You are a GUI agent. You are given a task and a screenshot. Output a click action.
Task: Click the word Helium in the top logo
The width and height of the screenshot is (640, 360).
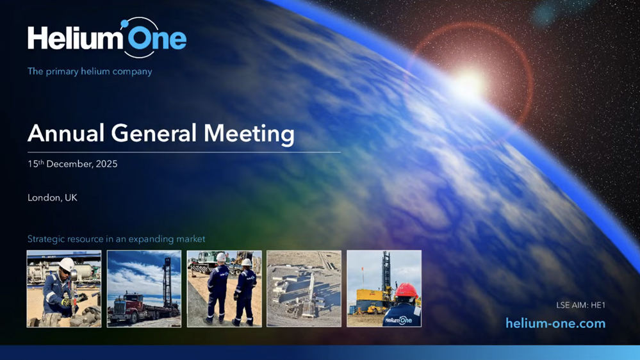point(76,38)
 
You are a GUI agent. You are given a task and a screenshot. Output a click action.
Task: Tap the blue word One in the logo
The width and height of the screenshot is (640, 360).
point(157,39)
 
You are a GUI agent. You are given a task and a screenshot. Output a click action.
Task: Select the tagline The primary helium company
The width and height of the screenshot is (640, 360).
point(90,72)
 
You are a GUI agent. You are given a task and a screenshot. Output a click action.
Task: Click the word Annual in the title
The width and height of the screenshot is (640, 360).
point(66,133)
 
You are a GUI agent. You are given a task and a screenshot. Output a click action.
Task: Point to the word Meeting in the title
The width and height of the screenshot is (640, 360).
point(249,134)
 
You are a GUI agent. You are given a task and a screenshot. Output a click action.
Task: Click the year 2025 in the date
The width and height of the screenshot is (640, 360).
point(106,164)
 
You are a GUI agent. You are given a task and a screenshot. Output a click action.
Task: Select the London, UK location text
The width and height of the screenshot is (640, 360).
point(53,197)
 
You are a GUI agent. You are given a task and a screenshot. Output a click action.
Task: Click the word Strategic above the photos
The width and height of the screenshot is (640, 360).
point(45,239)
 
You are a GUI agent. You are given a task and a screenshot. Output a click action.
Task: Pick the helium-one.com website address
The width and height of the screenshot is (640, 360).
point(555,323)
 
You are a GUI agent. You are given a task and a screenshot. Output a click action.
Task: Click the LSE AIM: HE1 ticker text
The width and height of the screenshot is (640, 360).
point(581,305)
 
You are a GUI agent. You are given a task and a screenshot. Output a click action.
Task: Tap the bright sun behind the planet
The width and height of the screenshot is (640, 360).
point(470,85)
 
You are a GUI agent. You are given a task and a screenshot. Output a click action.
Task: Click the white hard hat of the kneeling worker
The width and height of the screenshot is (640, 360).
point(67,265)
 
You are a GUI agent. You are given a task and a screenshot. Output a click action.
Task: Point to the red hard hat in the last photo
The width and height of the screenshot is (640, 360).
point(406,290)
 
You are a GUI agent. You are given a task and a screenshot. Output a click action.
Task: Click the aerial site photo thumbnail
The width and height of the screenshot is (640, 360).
point(304,288)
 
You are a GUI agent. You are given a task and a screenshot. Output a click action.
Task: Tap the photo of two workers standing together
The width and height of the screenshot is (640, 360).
point(224,288)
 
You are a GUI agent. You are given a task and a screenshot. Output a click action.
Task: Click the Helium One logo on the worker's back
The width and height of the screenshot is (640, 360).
point(398,320)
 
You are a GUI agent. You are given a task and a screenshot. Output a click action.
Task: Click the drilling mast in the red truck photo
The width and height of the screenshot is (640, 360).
point(167,282)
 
